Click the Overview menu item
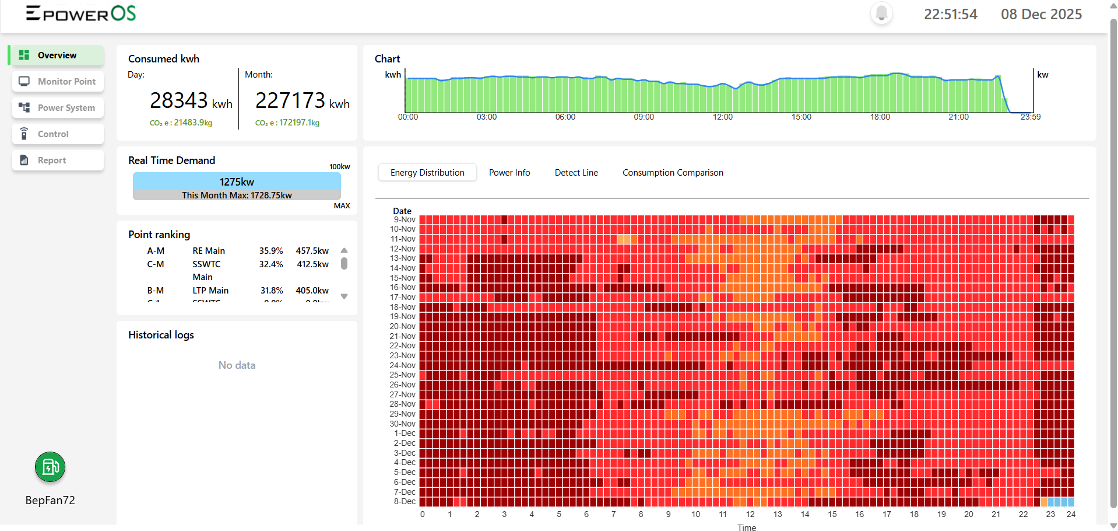(57, 55)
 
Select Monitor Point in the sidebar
(58, 82)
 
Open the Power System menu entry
(58, 108)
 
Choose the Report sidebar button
(58, 160)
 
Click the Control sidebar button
(58, 134)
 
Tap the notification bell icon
(881, 13)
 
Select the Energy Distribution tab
(427, 173)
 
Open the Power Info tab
(509, 173)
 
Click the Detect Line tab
(576, 173)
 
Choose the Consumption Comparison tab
(673, 173)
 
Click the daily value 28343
(178, 100)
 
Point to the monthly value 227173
(290, 100)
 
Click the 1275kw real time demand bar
(237, 181)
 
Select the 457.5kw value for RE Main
(312, 251)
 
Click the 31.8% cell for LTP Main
(272, 291)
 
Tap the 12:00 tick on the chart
(722, 117)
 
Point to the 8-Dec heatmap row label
(405, 502)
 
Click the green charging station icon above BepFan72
(50, 467)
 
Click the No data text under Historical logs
(237, 365)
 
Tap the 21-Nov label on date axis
(403, 336)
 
